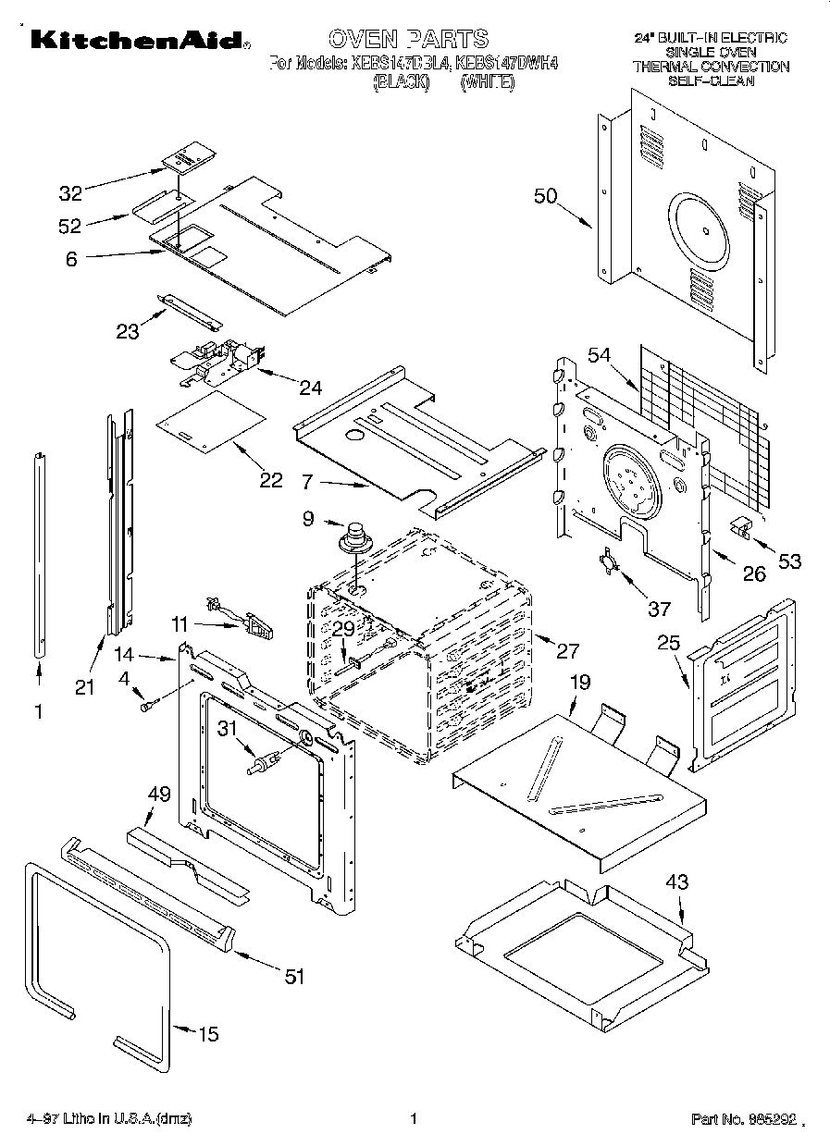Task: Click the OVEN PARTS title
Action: pyautogui.click(x=408, y=39)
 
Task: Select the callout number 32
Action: pyautogui.click(x=70, y=193)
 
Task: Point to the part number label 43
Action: pyautogui.click(x=677, y=882)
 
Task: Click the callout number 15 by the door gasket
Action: pyautogui.click(x=209, y=1034)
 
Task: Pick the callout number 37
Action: pyautogui.click(x=658, y=608)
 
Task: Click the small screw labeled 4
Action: pyautogui.click(x=146, y=707)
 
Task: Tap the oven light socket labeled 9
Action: pyautogui.click(x=353, y=537)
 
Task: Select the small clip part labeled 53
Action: pyautogui.click(x=741, y=526)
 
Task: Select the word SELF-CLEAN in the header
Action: pyautogui.click(x=711, y=80)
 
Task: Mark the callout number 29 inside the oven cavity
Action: pyautogui.click(x=343, y=628)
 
